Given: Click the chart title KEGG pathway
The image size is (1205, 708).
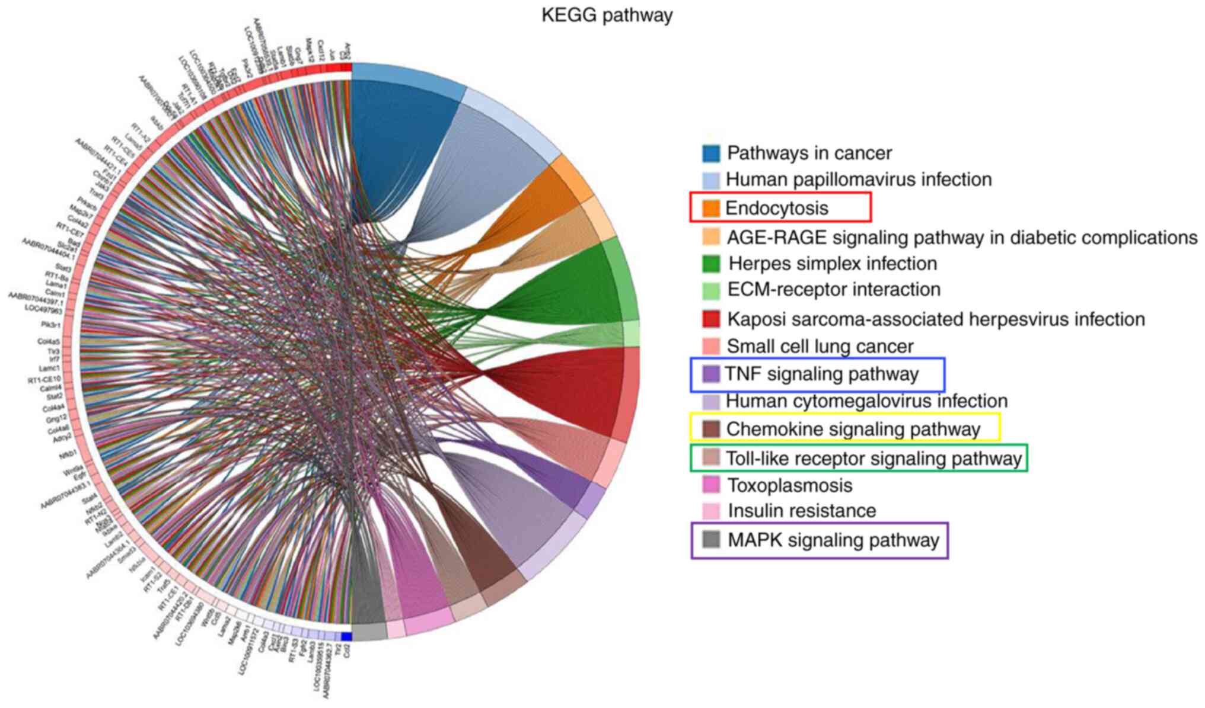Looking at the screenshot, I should pyautogui.click(x=607, y=15).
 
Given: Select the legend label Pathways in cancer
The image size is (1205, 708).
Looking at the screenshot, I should pyautogui.click(x=809, y=153).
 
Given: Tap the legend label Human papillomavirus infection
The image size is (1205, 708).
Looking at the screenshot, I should pyautogui.click(x=858, y=180).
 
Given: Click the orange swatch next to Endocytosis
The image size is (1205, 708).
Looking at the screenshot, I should pyautogui.click(x=710, y=208).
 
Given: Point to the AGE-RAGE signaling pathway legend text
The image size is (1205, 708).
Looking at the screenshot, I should pyautogui.click(x=961, y=238).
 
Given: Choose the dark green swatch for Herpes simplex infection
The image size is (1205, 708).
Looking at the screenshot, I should pyautogui.click(x=711, y=264).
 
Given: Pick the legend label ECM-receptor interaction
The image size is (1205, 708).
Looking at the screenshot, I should pyautogui.click(x=833, y=290).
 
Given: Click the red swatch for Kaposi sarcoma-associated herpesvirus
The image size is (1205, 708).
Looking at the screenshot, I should pyautogui.click(x=711, y=319).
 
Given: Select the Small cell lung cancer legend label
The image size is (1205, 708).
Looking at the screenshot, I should pyautogui.click(x=820, y=346).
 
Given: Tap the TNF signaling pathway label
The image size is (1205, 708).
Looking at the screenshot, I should pyautogui.click(x=821, y=374).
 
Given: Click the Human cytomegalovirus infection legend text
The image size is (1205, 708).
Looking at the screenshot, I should pyautogui.click(x=866, y=401).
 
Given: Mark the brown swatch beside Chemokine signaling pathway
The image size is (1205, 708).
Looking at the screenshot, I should pyautogui.click(x=711, y=428).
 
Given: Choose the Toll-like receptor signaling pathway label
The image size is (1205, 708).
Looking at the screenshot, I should pyautogui.click(x=874, y=459).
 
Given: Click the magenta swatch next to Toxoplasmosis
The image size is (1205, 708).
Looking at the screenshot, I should pyautogui.click(x=711, y=485).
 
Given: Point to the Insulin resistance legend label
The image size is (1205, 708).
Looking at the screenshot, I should pyautogui.click(x=801, y=511).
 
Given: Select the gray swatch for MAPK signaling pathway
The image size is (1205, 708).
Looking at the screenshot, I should pyautogui.click(x=711, y=540).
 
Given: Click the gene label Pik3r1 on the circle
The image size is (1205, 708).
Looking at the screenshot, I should pyautogui.click(x=50, y=325).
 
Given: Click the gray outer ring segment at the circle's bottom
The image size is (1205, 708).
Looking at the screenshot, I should pyautogui.click(x=369, y=632).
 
